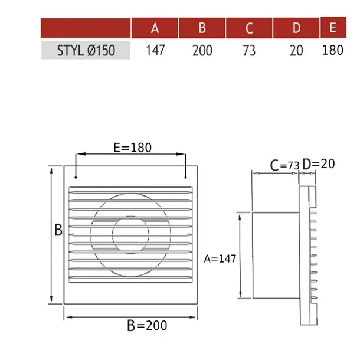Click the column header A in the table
click(155, 28)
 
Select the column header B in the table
click(202, 28)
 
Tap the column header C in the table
click(249, 28)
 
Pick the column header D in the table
click(296, 28)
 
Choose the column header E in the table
click(333, 28)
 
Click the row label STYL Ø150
click(86, 50)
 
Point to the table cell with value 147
click(155, 50)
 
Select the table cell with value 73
click(249, 50)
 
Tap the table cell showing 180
click(333, 50)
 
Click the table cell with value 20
click(296, 50)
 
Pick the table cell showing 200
click(202, 50)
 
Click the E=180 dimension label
click(132, 148)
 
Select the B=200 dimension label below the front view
click(147, 325)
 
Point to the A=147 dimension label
click(220, 258)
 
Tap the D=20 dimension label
click(319, 163)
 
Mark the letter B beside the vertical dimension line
click(58, 230)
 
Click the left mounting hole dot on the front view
click(76, 176)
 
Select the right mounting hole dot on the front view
click(186, 176)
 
